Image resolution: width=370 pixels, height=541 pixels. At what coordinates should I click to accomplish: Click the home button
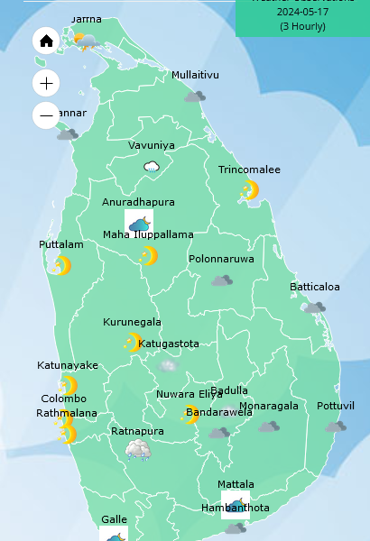47,41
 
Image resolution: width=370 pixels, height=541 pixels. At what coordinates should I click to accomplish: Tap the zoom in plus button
47,84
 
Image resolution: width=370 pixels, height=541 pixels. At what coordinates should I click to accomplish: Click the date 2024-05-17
302,13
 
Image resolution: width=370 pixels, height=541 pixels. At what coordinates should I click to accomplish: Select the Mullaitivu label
195,75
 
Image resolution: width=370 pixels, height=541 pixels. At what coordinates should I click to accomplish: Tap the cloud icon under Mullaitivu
195,96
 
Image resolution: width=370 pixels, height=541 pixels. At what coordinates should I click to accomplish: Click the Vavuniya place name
152,145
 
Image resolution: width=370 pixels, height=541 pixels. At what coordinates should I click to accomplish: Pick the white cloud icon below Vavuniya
152,166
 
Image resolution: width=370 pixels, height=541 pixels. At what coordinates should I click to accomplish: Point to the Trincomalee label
249,170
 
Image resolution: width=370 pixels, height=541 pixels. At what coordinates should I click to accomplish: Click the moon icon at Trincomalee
249,190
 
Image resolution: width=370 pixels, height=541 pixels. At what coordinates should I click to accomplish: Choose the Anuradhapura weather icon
139,223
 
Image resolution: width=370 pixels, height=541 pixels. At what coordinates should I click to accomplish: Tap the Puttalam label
61,244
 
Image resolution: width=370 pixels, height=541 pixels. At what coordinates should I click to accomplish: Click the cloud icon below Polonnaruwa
222,280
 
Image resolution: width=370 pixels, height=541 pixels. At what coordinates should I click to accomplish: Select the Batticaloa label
315,287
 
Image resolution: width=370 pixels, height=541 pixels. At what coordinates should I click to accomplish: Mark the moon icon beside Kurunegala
134,343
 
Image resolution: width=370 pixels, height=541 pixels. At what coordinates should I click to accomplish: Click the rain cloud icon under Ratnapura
138,450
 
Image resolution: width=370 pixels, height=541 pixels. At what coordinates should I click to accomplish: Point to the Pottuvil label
336,406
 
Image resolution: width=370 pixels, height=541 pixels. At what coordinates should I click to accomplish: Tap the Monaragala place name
269,406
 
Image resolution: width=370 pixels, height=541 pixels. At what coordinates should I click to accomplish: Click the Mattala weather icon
236,504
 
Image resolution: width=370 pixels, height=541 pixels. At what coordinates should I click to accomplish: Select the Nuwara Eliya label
189,394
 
